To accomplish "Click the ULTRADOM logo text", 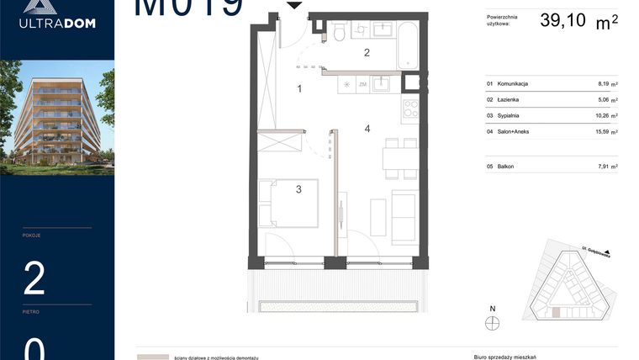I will point(57,23).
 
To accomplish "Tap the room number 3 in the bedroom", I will point(298,189).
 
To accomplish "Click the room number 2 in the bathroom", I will point(366,53).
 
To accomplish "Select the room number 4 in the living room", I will point(367,129).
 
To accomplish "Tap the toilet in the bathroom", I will point(338,32).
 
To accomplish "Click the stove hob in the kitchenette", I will point(411,109).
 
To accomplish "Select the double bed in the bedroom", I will point(288,203).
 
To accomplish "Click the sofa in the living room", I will point(404,215).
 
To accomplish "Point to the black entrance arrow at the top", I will point(294,5).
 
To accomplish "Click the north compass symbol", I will point(494,323).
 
